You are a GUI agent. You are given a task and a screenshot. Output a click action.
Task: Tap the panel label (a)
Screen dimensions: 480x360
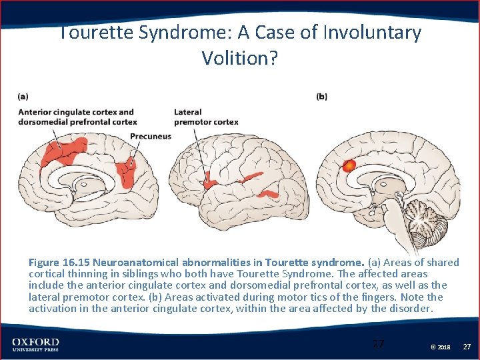(23, 97)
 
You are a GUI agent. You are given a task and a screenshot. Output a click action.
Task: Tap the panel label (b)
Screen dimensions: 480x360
(321, 97)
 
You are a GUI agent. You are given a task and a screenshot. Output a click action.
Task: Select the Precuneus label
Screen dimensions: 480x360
(150, 136)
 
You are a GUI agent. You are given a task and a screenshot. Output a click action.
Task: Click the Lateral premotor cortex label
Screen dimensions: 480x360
(206, 117)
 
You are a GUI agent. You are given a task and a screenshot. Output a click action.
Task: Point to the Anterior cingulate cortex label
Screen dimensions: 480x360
(76, 112)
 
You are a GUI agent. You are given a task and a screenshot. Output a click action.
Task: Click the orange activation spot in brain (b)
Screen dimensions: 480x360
(349, 166)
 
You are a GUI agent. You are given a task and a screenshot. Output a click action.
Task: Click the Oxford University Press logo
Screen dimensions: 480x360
(35, 345)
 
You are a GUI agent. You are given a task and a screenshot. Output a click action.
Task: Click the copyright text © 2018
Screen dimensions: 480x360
(440, 347)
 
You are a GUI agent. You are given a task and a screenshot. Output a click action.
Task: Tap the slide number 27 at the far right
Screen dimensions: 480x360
(467, 346)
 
